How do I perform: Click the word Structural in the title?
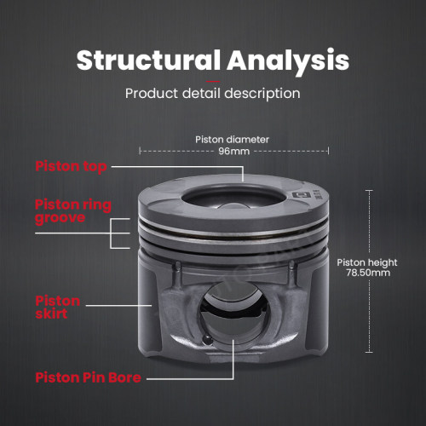pos(148,60)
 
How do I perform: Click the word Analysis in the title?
pos(288,61)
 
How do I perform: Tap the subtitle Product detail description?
pos(213,94)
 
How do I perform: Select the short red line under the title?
pos(213,82)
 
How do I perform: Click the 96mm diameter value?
pos(233,151)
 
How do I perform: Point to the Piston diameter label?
pos(232,140)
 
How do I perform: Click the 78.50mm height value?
pos(368,273)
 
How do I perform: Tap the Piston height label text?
pos(367,263)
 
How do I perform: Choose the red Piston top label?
pos(71,167)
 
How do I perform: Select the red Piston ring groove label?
pos(73,212)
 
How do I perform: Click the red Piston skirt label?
pos(58,308)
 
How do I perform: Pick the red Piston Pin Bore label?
pos(88,377)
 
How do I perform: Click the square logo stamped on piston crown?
pos(299,195)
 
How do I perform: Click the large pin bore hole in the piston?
pos(233,313)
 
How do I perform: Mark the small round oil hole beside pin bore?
pos(207,339)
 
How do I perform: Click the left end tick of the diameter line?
pos(140,151)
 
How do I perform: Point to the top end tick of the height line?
pos(369,191)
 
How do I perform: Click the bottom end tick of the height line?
pos(369,352)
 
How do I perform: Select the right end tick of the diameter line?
pos(329,151)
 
